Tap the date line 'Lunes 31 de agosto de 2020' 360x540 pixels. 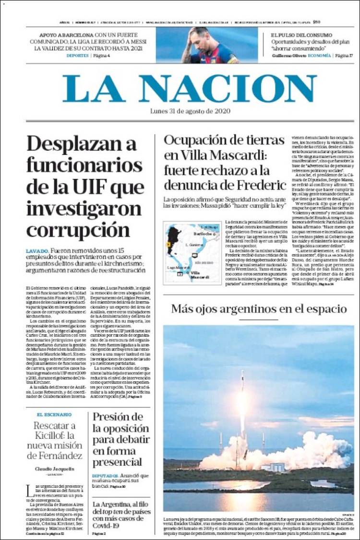190,111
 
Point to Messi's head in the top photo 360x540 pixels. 202,38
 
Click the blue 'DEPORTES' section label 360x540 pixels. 77,56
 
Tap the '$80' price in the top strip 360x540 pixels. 317,22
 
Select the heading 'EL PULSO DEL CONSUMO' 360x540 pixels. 301,35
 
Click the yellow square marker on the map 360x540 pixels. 168,245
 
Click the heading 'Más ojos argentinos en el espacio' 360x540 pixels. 259,308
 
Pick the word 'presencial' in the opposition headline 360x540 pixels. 117,462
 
